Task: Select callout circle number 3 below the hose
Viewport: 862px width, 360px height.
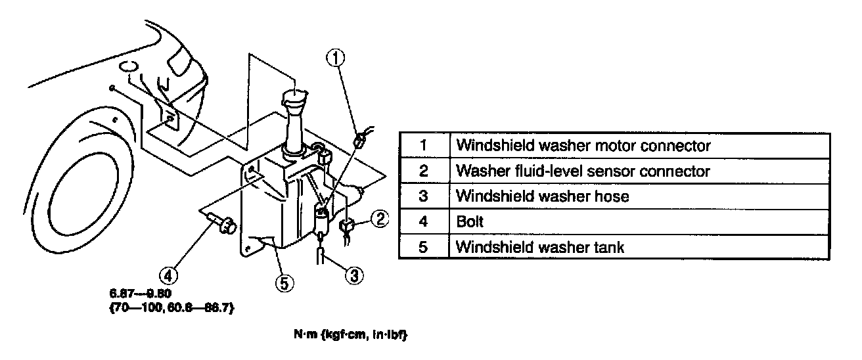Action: click(353, 275)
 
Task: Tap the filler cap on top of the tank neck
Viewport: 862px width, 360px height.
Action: click(294, 101)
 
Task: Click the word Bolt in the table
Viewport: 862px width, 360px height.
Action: click(470, 221)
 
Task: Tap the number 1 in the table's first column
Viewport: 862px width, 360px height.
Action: click(424, 145)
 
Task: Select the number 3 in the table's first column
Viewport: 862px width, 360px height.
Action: click(424, 196)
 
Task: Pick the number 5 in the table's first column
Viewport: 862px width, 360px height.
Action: click(424, 247)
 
